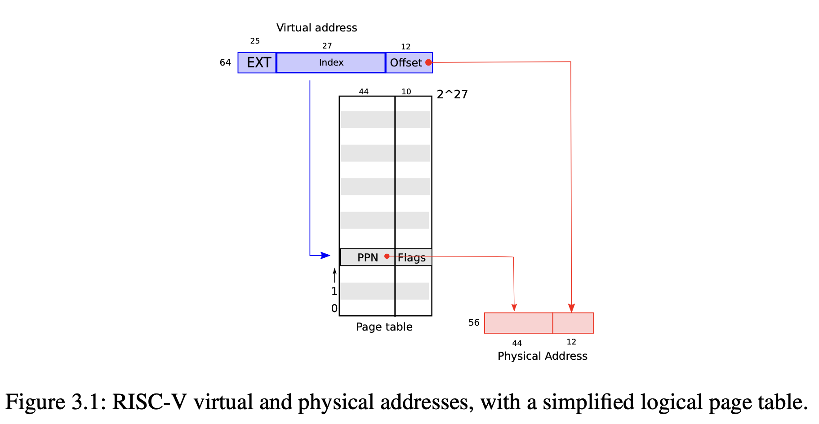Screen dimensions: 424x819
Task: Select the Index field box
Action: coord(331,62)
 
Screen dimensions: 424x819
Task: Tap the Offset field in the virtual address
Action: coord(406,62)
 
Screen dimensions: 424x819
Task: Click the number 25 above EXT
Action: coord(255,41)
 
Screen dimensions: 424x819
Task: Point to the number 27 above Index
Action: coord(327,46)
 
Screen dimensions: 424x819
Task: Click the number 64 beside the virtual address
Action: coord(225,62)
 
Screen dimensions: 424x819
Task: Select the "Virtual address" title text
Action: coord(316,28)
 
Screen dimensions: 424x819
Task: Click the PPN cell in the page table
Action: coord(368,257)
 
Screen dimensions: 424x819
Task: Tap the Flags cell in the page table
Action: coord(412,257)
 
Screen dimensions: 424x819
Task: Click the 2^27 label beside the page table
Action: coord(452,94)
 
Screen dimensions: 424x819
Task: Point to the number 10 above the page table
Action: coord(406,92)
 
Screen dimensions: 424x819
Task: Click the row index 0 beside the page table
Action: coord(334,309)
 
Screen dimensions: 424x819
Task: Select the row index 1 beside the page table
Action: coord(334,291)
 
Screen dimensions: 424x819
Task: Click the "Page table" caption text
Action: coord(384,327)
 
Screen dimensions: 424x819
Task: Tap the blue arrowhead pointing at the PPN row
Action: coord(326,256)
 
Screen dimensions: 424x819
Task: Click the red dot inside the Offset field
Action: coord(428,62)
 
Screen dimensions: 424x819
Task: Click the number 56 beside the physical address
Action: coord(474,322)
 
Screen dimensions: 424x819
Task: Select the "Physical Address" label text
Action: coord(542,356)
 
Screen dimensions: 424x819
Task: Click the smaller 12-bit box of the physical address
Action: coord(573,323)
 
